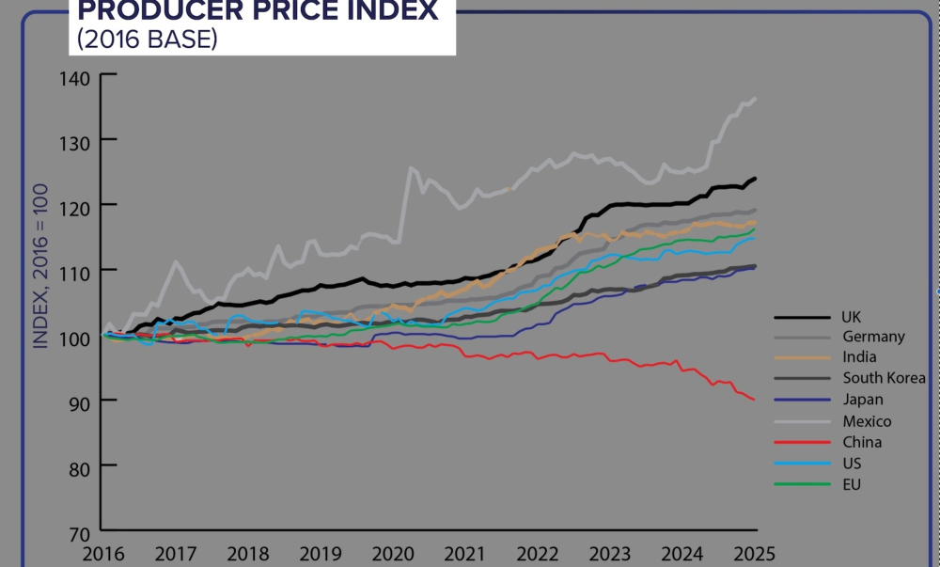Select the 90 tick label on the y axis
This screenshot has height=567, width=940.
(x=79, y=401)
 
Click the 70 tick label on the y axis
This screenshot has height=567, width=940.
(x=79, y=531)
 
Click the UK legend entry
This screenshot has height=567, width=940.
(x=853, y=317)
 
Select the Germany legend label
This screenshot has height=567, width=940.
(x=873, y=337)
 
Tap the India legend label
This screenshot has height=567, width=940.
(x=859, y=358)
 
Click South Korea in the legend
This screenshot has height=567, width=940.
(x=884, y=378)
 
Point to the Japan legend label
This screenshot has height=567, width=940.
(x=862, y=400)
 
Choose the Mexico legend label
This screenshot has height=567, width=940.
(x=867, y=421)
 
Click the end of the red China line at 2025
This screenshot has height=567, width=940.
(x=754, y=400)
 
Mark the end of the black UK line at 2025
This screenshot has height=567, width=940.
(x=756, y=179)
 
